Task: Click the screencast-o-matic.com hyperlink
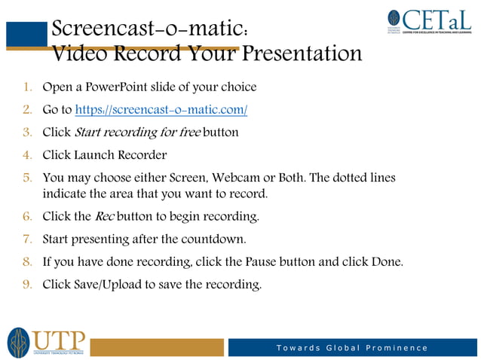pyautogui.click(x=161, y=110)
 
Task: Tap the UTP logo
pyautogui.click(x=47, y=342)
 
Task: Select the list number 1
pyautogui.click(x=27, y=87)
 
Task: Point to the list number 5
pyautogui.click(x=27, y=178)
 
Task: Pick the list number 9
pyautogui.click(x=27, y=285)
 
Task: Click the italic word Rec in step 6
pyautogui.click(x=104, y=217)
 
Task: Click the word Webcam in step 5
pyautogui.click(x=238, y=178)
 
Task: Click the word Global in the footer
pyautogui.click(x=342, y=348)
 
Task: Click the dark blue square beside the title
pyautogui.click(x=27, y=35)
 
